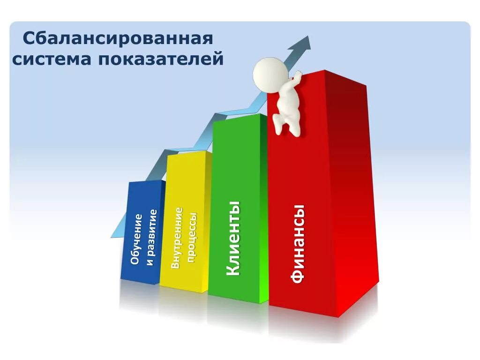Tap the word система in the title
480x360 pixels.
tap(51, 60)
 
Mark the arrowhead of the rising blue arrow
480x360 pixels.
tap(301, 44)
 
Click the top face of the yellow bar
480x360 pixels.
tap(187, 153)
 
